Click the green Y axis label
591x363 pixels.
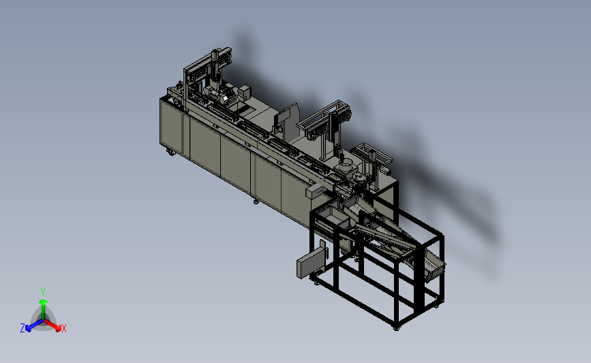[42, 292]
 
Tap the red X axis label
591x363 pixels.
[63, 328]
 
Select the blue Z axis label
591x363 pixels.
[22, 328]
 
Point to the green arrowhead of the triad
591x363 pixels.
[43, 302]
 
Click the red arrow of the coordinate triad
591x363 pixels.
[52, 325]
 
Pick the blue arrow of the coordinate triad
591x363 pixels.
[34, 325]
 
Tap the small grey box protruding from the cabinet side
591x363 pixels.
[315, 191]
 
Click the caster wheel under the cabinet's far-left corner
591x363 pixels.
[170, 152]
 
